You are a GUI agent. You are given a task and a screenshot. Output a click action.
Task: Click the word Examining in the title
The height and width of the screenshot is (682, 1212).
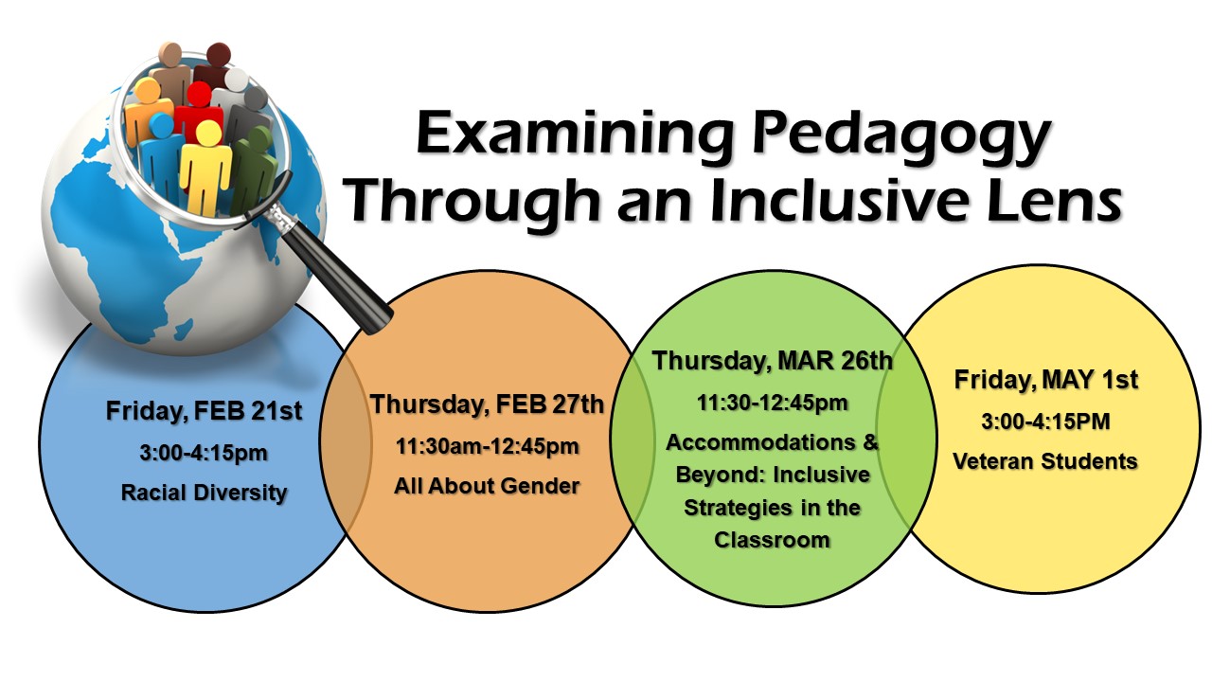pyautogui.click(x=575, y=135)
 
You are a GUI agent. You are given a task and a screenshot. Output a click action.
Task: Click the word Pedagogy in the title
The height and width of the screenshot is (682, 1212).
pyautogui.click(x=901, y=135)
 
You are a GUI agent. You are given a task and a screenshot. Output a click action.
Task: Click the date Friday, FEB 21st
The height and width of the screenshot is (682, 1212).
pyautogui.click(x=204, y=410)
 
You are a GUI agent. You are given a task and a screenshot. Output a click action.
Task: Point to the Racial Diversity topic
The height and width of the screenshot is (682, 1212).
pyautogui.click(x=204, y=494)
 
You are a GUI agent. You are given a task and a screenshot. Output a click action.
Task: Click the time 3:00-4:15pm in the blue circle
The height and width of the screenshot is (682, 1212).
pyautogui.click(x=204, y=453)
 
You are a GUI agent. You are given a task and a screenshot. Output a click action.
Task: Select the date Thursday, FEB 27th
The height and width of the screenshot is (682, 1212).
pyautogui.click(x=487, y=404)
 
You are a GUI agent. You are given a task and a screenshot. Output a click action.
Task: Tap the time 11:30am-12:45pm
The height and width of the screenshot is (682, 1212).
pyautogui.click(x=487, y=446)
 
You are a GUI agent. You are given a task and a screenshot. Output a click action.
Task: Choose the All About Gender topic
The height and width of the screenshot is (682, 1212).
pyautogui.click(x=487, y=486)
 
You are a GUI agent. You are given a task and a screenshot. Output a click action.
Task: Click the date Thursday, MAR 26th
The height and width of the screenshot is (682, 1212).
pyautogui.click(x=772, y=361)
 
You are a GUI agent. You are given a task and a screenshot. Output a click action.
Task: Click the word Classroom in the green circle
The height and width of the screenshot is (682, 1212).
pyautogui.click(x=772, y=540)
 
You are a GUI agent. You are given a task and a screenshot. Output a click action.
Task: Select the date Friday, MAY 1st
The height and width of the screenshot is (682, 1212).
pyautogui.click(x=1046, y=379)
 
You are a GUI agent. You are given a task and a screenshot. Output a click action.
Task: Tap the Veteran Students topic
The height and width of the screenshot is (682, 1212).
pyautogui.click(x=1045, y=461)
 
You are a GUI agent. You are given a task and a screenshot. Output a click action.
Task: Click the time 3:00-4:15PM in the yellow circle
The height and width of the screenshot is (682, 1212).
pyautogui.click(x=1046, y=422)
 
